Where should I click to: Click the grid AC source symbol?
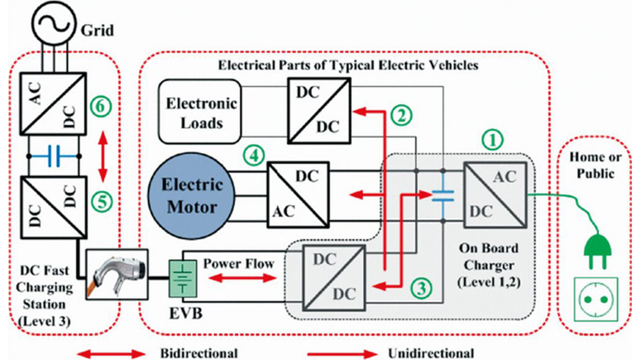point(54,23)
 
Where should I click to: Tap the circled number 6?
point(100,107)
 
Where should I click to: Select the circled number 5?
point(100,202)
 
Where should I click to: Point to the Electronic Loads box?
point(200,112)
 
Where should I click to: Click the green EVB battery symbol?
point(183,279)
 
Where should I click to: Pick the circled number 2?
point(401,115)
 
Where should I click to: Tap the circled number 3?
point(421,288)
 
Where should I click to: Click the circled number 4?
point(254,155)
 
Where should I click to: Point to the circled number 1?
point(492,140)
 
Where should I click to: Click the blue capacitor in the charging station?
point(54,156)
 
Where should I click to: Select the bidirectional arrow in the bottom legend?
point(111,353)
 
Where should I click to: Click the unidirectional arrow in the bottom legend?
point(342,353)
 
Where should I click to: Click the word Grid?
point(97,31)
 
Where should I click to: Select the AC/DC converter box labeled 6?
point(53,104)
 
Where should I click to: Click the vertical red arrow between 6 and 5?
point(103,157)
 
